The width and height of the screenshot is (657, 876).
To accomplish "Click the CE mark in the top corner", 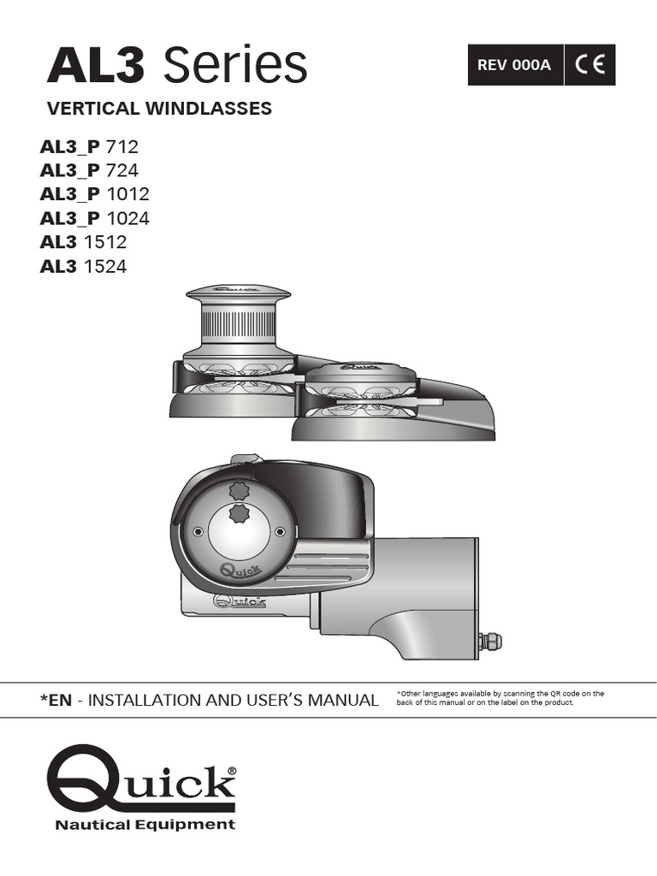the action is tap(589, 65).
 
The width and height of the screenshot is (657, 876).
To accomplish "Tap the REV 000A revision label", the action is tap(514, 65).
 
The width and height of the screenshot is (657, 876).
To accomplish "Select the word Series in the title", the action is tap(234, 64).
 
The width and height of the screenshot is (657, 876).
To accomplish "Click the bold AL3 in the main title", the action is tap(96, 65).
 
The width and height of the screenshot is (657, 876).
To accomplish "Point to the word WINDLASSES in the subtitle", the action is tap(209, 108).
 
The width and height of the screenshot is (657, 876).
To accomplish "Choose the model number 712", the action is tap(121, 146).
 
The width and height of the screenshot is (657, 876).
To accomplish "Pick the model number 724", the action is tap(121, 170).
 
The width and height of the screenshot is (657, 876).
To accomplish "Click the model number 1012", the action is tap(128, 194).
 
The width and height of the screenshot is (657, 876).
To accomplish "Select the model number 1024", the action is tap(128, 218).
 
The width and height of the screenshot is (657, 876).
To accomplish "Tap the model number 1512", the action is tap(105, 242).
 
